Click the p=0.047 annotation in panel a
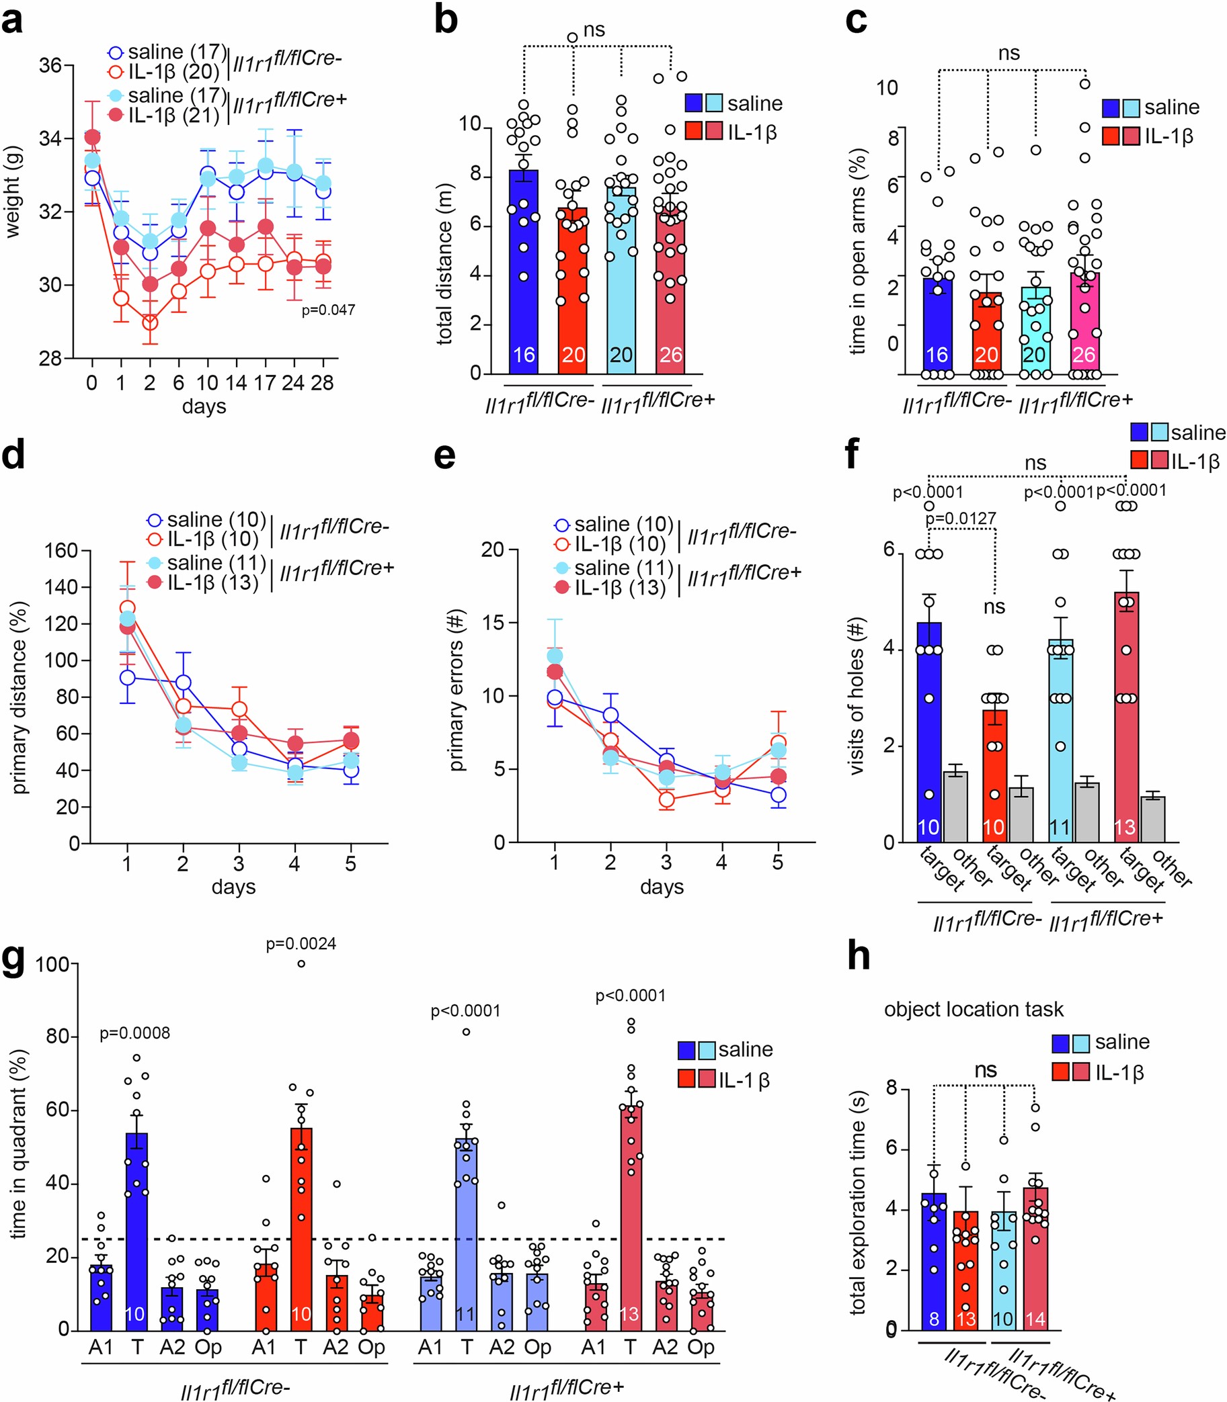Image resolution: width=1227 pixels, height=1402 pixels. [x=328, y=310]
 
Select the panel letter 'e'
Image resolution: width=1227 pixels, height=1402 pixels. [x=445, y=455]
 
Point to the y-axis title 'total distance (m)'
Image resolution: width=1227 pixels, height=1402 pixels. [x=445, y=263]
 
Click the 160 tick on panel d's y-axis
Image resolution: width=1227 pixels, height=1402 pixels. [x=61, y=550]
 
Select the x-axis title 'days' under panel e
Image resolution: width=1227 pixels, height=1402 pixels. [x=662, y=887]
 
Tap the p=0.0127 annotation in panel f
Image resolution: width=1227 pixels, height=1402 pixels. [x=961, y=519]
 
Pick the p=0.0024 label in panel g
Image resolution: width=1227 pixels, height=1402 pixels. [x=301, y=944]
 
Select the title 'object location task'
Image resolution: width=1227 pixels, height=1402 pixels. [x=974, y=1009]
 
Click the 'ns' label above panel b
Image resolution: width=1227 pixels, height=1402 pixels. [x=594, y=30]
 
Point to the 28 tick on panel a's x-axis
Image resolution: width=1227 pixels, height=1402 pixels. [x=322, y=382]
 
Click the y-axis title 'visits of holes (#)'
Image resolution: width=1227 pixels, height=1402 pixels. [x=856, y=696]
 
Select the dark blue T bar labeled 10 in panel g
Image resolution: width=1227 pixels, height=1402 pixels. [x=136, y=1239]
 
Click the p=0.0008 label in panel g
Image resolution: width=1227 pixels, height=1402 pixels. [x=135, y=1033]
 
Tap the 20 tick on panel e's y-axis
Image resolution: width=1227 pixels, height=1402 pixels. [x=492, y=550]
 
